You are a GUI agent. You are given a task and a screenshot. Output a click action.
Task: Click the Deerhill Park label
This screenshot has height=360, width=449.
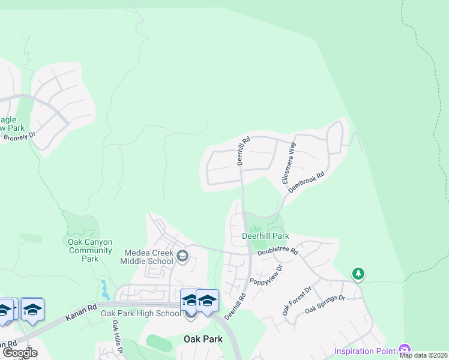click(x=265, y=236)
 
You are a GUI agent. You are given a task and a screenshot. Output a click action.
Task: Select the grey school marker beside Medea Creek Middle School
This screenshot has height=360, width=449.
click(x=183, y=257)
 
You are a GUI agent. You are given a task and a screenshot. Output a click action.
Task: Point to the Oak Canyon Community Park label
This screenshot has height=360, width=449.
click(x=90, y=250)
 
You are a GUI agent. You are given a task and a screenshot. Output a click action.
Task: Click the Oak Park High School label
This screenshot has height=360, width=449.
click(x=140, y=313)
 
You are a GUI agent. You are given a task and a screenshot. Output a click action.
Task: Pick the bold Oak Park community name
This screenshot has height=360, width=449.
click(x=202, y=339)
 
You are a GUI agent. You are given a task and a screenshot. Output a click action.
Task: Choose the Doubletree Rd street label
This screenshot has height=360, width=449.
click(x=278, y=253)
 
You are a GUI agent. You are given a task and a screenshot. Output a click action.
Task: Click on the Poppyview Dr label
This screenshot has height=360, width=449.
click(x=266, y=273)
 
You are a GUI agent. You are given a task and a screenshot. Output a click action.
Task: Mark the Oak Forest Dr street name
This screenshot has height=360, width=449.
click(x=297, y=301)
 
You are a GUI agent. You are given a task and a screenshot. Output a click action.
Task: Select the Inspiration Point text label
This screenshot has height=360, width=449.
click(x=364, y=351)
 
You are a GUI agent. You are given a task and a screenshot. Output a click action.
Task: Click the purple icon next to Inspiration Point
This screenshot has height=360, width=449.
click(x=404, y=350)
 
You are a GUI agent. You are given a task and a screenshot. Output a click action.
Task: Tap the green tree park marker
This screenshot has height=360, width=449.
click(x=358, y=274)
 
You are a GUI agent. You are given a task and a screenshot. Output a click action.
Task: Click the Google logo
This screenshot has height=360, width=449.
click(x=20, y=353)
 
